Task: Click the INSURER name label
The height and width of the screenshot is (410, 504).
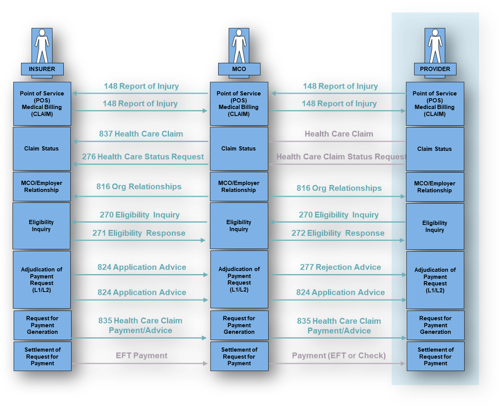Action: pyautogui.click(x=42, y=69)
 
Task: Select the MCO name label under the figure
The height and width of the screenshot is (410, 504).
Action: pyautogui.click(x=239, y=69)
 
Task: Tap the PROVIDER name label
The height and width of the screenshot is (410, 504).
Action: pyautogui.click(x=435, y=69)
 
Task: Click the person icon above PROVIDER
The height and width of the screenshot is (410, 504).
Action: pyautogui.click(x=435, y=46)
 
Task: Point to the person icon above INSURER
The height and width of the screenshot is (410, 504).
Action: pyautogui.click(x=42, y=46)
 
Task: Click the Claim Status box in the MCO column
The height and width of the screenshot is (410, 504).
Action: pyautogui.click(x=239, y=149)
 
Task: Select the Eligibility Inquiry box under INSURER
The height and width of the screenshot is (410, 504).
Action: pyautogui.click(x=41, y=226)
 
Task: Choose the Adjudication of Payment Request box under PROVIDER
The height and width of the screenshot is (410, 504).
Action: pyautogui.click(x=435, y=280)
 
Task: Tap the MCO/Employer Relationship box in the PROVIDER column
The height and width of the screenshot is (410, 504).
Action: pyautogui.click(x=435, y=187)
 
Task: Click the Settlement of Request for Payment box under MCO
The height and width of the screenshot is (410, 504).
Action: pyautogui.click(x=239, y=357)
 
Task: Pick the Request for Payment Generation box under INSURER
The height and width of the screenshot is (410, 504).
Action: pyautogui.click(x=42, y=325)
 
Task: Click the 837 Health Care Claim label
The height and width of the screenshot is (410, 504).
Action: pyautogui.click(x=141, y=134)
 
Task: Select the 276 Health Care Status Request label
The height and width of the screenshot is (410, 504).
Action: pyautogui.click(x=143, y=157)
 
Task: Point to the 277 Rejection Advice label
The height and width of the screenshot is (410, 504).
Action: pyautogui.click(x=340, y=267)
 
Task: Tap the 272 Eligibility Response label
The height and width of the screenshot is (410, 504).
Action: pyautogui.click(x=338, y=234)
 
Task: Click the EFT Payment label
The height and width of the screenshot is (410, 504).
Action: pyautogui.click(x=142, y=356)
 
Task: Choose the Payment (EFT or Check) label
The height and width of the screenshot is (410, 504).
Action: pyautogui.click(x=339, y=356)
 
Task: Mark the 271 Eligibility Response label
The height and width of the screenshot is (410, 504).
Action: pyautogui.click(x=139, y=234)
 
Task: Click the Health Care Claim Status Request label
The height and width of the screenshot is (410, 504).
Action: pyautogui.click(x=341, y=157)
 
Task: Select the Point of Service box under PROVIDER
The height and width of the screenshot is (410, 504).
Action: pyautogui.click(x=435, y=104)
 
